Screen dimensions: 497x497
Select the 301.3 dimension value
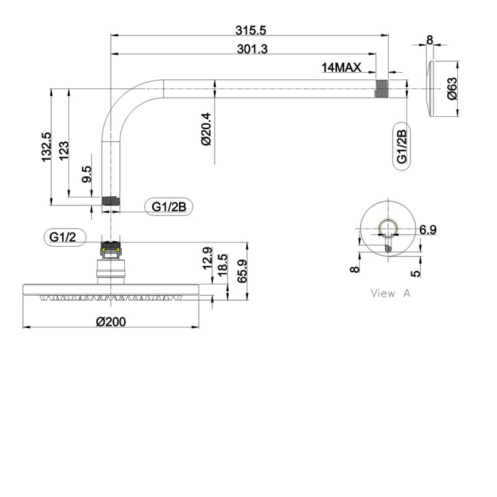[252, 49]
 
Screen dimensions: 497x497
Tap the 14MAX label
[341, 68]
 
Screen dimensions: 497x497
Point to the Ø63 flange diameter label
[453, 88]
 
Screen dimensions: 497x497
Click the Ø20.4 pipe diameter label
[206, 129]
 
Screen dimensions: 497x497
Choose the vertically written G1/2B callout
[401, 147]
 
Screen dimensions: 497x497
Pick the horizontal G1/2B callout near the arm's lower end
[168, 207]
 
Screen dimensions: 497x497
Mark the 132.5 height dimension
[47, 147]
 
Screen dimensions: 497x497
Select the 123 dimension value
[64, 151]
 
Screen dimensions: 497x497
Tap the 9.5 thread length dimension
[86, 175]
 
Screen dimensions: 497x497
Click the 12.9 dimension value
[207, 258]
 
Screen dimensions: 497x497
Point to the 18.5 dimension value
[222, 265]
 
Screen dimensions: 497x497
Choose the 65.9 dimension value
[242, 271]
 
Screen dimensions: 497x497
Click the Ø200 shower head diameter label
[111, 322]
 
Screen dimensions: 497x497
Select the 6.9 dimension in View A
[427, 229]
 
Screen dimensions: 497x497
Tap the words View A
[391, 293]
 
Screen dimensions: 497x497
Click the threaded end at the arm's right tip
[382, 88]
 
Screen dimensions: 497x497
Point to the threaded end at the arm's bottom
[111, 201]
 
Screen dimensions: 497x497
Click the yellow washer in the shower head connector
[111, 251]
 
